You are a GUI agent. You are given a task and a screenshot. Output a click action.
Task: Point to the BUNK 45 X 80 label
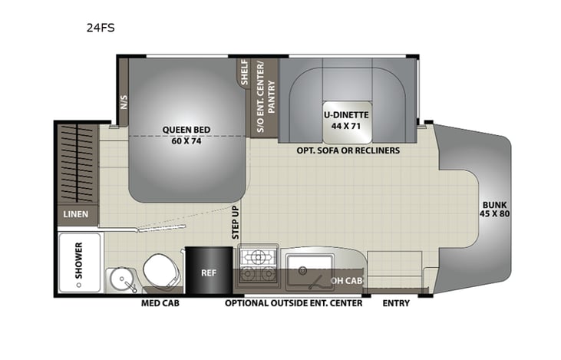[494, 209]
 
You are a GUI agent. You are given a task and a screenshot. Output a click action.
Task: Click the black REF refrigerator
[208, 271]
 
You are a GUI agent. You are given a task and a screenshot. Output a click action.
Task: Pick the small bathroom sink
[119, 278]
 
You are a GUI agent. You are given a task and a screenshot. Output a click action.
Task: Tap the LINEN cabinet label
[76, 214]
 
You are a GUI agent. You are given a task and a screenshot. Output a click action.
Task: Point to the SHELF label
[245, 74]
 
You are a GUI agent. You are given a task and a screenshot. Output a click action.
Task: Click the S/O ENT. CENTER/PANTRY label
[265, 97]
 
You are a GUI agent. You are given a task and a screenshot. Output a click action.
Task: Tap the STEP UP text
[236, 223]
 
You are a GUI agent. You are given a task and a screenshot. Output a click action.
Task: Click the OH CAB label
[344, 280]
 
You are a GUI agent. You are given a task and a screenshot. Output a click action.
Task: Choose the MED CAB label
[159, 303]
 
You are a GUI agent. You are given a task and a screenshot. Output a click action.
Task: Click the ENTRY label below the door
[396, 303]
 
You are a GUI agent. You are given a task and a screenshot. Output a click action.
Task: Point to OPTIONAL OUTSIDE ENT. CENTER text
[292, 303]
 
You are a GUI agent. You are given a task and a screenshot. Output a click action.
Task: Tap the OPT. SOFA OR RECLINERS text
[348, 150]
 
